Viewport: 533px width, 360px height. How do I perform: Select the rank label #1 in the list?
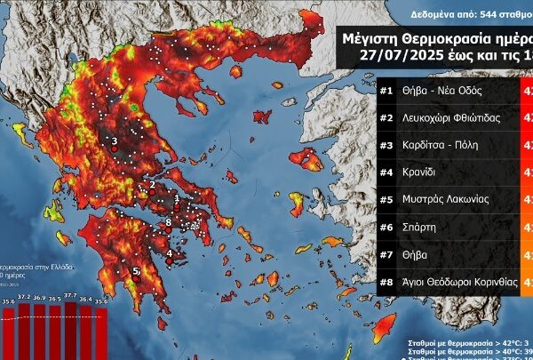click(x=387, y=89)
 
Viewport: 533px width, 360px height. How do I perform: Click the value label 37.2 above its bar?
click(x=26, y=296)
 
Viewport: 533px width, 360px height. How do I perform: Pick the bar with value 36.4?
click(x=86, y=332)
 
